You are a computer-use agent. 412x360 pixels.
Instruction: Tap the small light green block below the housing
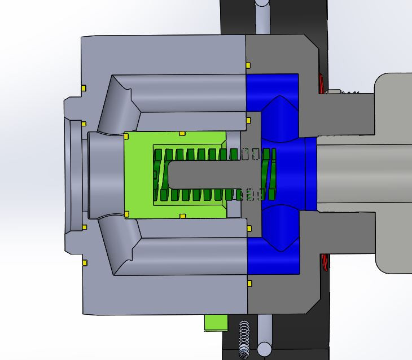coord(214,322)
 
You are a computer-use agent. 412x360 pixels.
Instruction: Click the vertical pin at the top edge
coord(262,14)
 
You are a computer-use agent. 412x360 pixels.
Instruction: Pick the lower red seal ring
coord(325,263)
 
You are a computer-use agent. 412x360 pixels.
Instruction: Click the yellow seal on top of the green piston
coord(182,134)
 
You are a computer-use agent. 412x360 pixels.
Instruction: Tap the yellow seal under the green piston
coord(182,216)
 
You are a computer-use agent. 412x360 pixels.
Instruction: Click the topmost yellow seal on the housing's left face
coord(84,88)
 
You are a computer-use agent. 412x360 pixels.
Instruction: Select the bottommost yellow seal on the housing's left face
coord(84,263)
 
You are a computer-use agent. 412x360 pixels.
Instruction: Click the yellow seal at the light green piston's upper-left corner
coord(126,135)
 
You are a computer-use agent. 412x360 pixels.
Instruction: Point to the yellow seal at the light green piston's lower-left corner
coord(126,214)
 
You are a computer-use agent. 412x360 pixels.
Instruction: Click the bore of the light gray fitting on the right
coord(361,175)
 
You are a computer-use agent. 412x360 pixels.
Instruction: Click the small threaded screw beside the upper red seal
coord(344,91)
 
